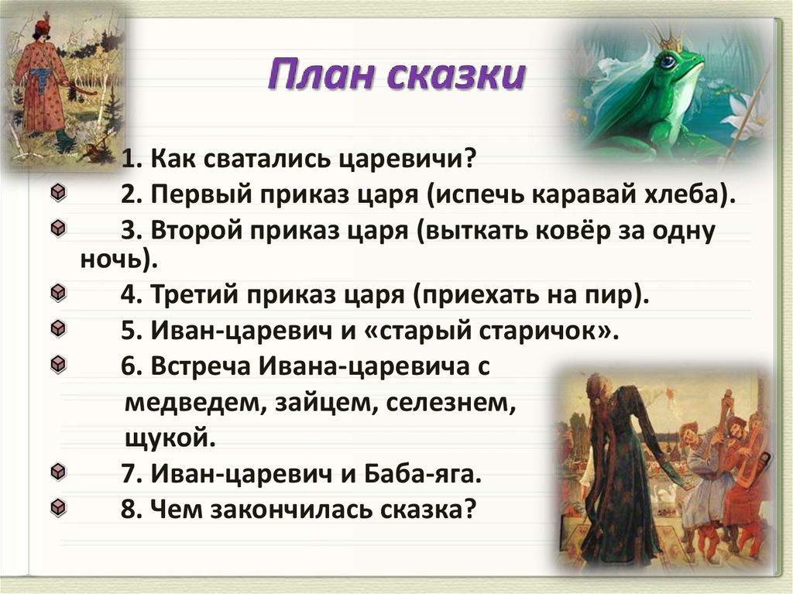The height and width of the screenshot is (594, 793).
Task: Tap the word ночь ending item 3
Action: point(111,259)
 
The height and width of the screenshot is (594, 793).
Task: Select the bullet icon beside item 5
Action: point(59,328)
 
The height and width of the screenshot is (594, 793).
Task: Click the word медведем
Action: point(191,403)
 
